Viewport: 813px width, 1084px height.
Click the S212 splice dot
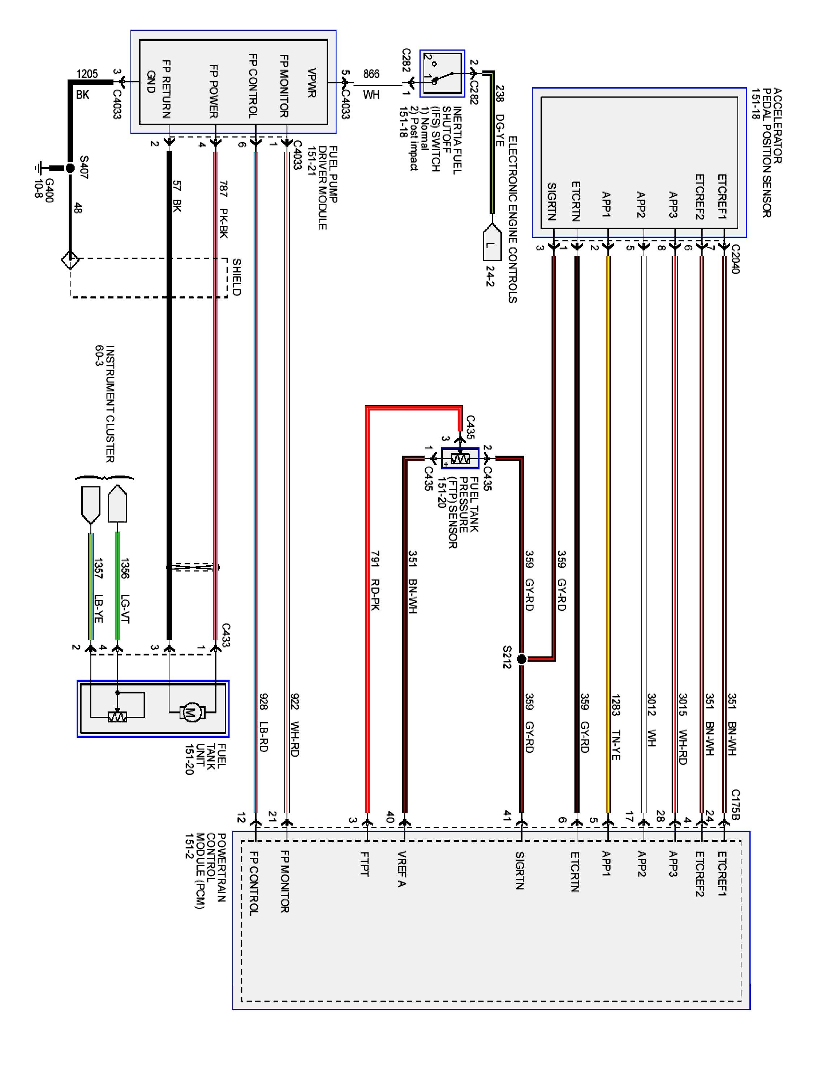[521, 659]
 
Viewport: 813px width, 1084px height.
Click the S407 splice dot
[70, 168]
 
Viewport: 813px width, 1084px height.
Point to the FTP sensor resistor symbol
[460, 458]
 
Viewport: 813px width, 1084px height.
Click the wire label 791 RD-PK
[375, 581]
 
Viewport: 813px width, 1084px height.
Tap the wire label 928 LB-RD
[263, 722]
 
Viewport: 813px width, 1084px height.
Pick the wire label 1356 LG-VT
[125, 590]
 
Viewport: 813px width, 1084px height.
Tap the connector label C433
[225, 635]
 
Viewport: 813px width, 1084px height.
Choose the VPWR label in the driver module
[311, 82]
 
